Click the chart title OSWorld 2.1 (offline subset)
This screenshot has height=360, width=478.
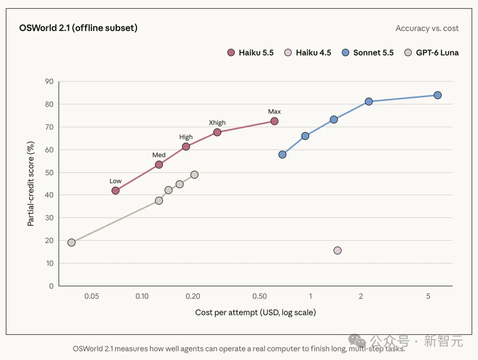(78, 28)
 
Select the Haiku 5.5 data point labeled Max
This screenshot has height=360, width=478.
(274, 121)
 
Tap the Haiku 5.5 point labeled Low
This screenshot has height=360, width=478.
(116, 191)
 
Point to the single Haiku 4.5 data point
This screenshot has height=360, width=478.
(337, 251)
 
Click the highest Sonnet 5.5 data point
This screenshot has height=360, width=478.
(438, 95)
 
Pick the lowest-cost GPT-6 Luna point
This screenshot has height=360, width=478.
(72, 243)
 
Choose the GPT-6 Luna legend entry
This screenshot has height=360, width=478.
(432, 53)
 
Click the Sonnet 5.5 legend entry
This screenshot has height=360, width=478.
(368, 53)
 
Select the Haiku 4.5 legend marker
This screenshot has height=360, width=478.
(288, 53)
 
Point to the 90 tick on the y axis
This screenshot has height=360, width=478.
(49, 81)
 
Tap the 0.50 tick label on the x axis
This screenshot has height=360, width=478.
(260, 296)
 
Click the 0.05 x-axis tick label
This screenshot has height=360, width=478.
(92, 296)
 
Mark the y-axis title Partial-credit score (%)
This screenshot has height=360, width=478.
(31, 184)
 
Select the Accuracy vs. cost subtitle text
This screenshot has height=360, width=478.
(427, 28)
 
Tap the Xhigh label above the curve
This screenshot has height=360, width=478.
(217, 123)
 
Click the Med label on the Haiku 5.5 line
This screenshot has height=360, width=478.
(159, 155)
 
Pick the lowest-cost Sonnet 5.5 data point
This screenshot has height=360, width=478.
(282, 155)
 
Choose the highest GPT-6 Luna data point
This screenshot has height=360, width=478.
(194, 175)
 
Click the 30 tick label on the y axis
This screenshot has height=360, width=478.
(49, 218)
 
